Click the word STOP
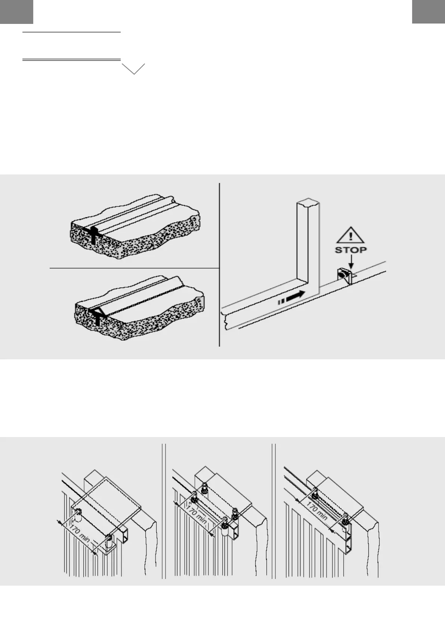pyautogui.click(x=350, y=250)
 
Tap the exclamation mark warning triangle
pyautogui.click(x=350, y=235)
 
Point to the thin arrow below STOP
pyautogui.click(x=351, y=263)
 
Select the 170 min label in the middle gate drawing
pyautogui.click(x=196, y=512)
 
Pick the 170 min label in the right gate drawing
pyautogui.click(x=317, y=511)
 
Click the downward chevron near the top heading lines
pyautogui.click(x=133, y=69)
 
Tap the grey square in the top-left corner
pyautogui.click(x=16, y=12)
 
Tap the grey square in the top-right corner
pyautogui.click(x=429, y=12)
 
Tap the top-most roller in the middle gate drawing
pyautogui.click(x=204, y=486)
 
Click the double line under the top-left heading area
pyautogui.click(x=71, y=59)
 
